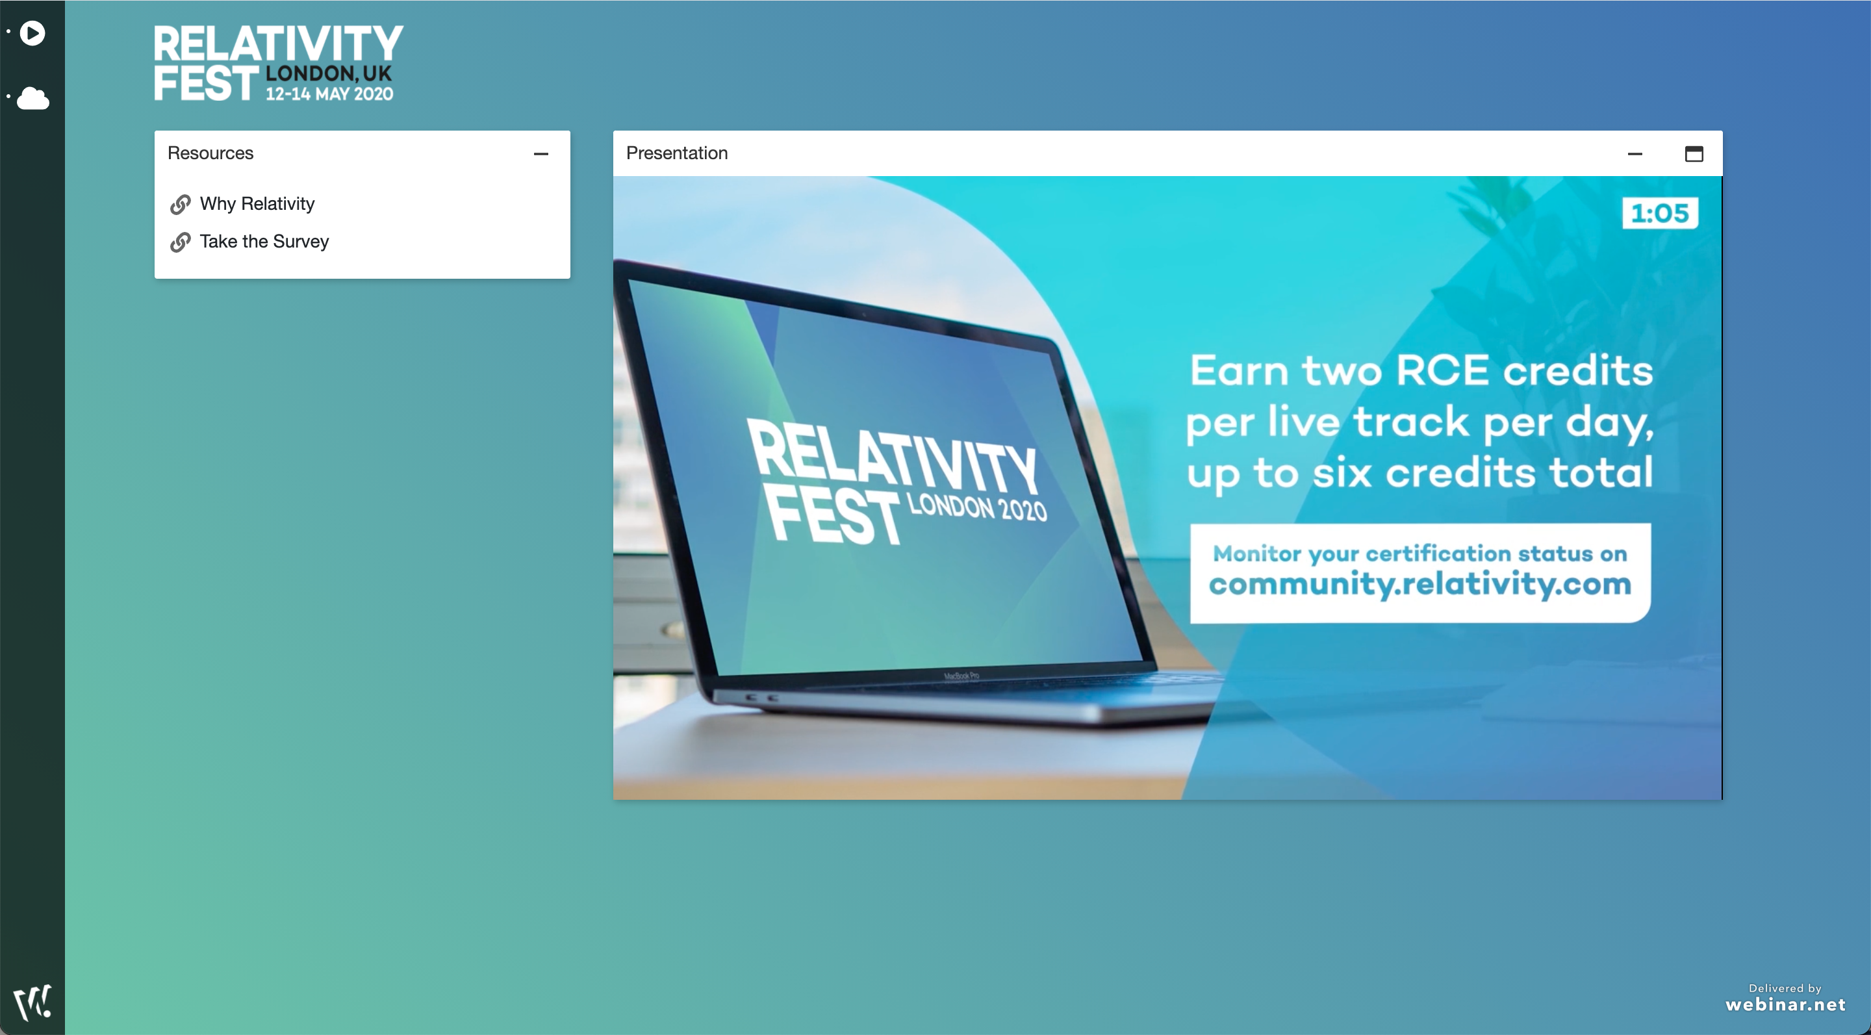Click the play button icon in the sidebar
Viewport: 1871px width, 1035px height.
(32, 32)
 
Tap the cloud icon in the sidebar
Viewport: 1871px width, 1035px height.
(32, 97)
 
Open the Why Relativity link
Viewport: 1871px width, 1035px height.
(257, 204)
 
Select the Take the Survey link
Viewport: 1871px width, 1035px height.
(264, 242)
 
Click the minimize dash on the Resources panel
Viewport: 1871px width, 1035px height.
(541, 154)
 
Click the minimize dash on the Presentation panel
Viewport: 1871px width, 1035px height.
(1635, 154)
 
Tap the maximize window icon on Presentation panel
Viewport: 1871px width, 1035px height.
(1694, 154)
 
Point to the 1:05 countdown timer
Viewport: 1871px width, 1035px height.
(1660, 214)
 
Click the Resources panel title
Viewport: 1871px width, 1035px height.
(210, 153)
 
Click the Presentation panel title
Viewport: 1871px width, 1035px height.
(676, 153)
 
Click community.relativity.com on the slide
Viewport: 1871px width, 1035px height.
(1419, 584)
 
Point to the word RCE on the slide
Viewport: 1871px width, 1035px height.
(1442, 370)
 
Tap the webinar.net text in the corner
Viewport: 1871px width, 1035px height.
(1785, 1004)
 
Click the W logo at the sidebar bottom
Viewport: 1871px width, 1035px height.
(32, 1003)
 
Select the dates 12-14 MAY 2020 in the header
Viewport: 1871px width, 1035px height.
(329, 94)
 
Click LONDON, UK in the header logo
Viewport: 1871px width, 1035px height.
(328, 73)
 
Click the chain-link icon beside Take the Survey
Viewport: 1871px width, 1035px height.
(180, 242)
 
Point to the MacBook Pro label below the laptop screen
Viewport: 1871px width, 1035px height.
(961, 676)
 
